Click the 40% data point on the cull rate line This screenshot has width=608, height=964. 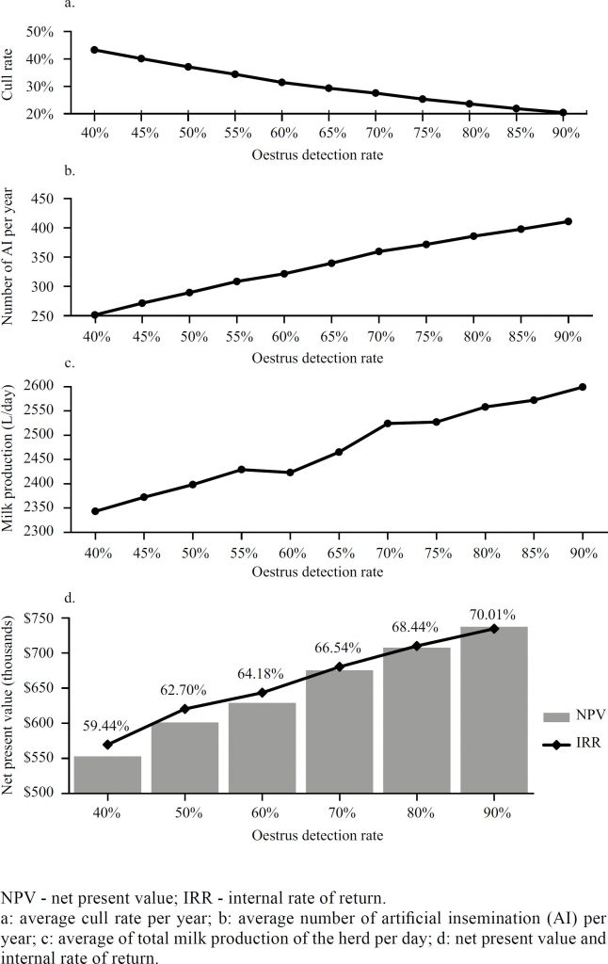(95, 50)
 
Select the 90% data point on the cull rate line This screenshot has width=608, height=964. (563, 113)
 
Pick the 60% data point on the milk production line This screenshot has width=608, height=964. (290, 473)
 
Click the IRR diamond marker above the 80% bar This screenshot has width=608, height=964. (417, 646)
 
